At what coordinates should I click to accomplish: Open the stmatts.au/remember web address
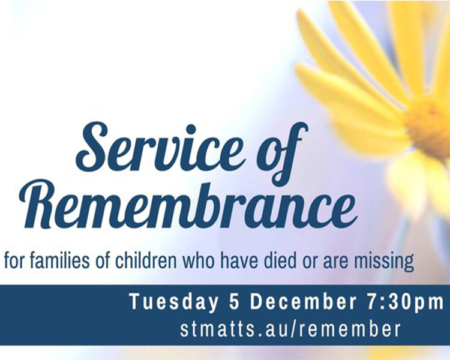290,329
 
